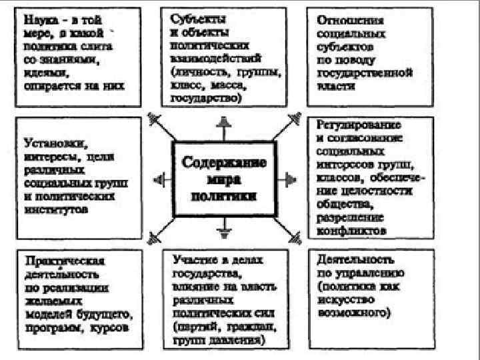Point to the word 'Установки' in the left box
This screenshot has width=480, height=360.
(48, 143)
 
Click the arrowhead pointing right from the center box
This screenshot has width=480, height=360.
(289, 178)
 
